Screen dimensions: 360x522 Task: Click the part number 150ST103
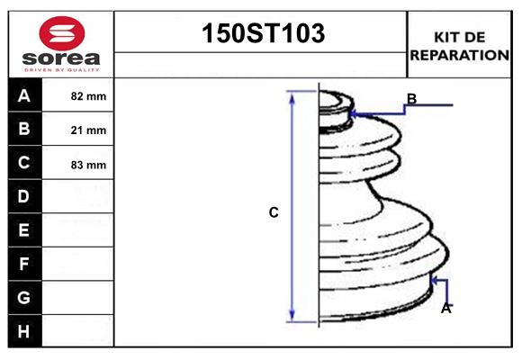[x=261, y=34]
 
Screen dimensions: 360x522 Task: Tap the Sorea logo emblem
[x=61, y=33]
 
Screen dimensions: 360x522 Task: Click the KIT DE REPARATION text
[x=459, y=45]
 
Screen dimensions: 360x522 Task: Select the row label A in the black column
[x=24, y=95]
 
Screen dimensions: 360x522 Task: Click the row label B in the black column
[x=24, y=129]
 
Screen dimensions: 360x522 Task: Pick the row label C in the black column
[x=24, y=163]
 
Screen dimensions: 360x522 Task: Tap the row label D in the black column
[x=24, y=196]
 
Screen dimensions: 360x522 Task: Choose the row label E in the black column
[x=24, y=230]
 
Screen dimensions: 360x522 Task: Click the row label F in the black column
[x=24, y=264]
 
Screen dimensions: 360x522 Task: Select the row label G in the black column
[x=24, y=297]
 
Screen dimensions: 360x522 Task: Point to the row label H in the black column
[x=24, y=331]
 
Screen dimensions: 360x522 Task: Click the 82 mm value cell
[x=88, y=96]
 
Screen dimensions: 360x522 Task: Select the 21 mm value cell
[x=88, y=130]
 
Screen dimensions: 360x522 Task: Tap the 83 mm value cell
[x=88, y=165]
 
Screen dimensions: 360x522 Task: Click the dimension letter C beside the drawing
[x=274, y=213]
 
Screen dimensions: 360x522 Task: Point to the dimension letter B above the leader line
[x=411, y=98]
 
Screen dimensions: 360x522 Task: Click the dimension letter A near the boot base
[x=445, y=309]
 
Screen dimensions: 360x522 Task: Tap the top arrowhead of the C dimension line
[x=292, y=95]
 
